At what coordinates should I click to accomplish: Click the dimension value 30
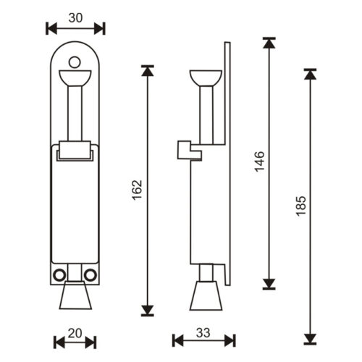pyautogui.click(x=75, y=17)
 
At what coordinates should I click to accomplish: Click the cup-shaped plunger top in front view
pyautogui.click(x=75, y=75)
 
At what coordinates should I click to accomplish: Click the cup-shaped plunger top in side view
pyautogui.click(x=203, y=77)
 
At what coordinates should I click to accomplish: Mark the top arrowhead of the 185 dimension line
pyautogui.click(x=311, y=74)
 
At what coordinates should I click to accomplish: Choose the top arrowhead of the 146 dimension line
pyautogui.click(x=269, y=43)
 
